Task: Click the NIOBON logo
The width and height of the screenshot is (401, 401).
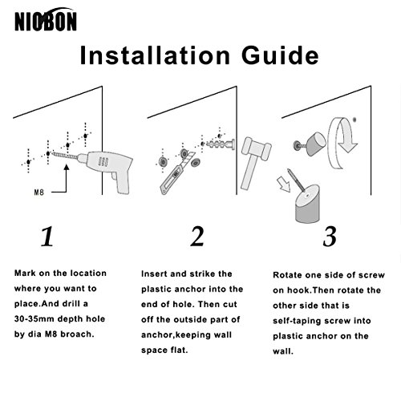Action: click(46, 19)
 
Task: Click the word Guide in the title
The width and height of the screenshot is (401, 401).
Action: click(280, 55)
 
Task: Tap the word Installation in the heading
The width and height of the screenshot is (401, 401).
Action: click(155, 55)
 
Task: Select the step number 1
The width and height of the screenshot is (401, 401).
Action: click(47, 237)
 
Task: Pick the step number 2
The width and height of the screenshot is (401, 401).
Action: click(197, 237)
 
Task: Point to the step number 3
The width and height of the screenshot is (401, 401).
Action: click(330, 237)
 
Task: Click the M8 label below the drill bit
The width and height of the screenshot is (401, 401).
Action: click(39, 192)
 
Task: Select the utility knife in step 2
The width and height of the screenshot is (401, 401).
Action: click(177, 173)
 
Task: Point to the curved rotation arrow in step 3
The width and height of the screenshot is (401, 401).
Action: click(342, 143)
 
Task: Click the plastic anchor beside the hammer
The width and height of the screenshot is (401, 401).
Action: click(221, 144)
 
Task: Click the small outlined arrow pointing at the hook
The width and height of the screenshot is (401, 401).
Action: click(284, 184)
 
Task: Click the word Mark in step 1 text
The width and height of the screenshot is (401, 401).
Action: click(25, 273)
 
